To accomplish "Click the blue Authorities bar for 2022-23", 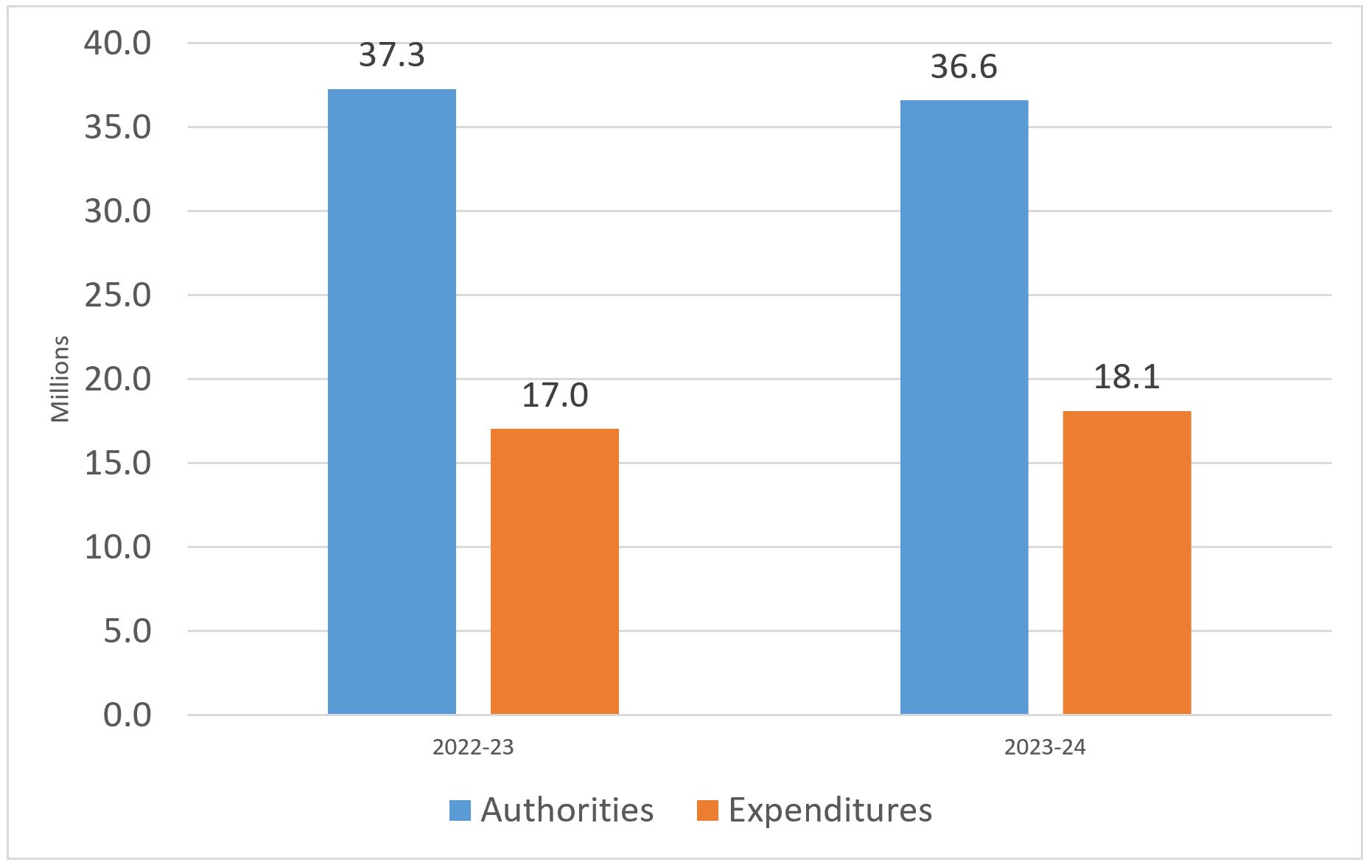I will tap(391, 402).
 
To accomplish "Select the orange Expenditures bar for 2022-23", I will tap(554, 571).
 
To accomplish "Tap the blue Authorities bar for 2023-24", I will tap(964, 407).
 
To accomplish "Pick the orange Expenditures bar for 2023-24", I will tap(1127, 562).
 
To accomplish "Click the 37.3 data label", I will tap(392, 55).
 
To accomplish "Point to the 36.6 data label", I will tap(964, 67).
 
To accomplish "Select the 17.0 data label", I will tap(555, 395).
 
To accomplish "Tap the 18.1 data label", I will tap(1127, 377).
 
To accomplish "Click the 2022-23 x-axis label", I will tap(473, 748).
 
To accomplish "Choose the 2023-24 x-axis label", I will tap(1045, 748).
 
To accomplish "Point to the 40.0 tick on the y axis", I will tap(118, 43).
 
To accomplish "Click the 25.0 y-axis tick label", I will tap(118, 295).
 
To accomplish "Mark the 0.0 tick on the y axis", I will tap(127, 715).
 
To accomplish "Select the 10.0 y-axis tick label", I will tap(118, 547).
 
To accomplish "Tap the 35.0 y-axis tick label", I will tap(118, 127).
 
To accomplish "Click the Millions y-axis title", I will tap(60, 379).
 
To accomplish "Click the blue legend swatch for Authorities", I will tap(460, 810).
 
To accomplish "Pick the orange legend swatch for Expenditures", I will tap(707, 810).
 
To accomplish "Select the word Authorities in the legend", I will tap(567, 810).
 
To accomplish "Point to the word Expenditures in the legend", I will tap(830, 810).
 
